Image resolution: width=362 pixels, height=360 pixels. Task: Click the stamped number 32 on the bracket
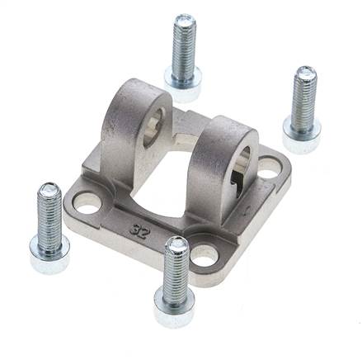140,229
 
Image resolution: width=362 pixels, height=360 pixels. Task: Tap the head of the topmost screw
183,84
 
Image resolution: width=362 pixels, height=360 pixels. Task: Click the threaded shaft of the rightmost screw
304,98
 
